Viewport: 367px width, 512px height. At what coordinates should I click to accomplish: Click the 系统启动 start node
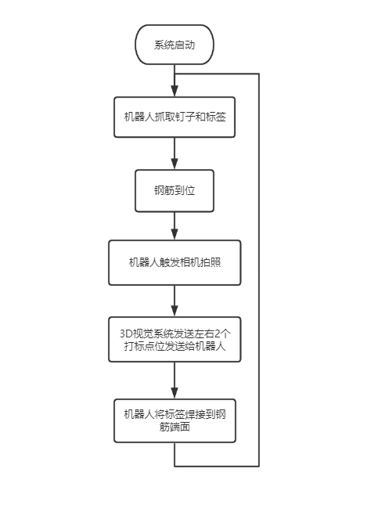[x=175, y=45]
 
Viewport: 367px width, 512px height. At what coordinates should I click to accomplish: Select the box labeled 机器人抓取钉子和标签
[x=175, y=117]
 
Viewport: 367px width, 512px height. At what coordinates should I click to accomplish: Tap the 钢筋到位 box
[x=175, y=190]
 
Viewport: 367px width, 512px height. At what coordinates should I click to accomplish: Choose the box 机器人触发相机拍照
[x=175, y=262]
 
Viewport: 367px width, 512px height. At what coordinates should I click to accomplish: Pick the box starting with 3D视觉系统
[x=175, y=340]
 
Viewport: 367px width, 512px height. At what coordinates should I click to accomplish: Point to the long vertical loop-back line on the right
[x=258, y=266]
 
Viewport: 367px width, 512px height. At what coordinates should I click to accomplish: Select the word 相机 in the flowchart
[x=191, y=262]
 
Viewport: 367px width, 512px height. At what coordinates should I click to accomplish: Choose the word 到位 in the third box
[x=186, y=190]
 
